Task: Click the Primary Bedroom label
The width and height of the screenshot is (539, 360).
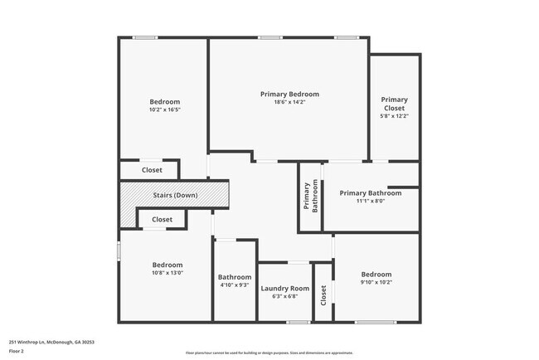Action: click(289, 95)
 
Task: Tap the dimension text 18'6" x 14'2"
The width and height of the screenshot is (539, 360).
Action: click(289, 103)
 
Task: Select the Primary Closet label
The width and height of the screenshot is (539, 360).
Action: click(395, 105)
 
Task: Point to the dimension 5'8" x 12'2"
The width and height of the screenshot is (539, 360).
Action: click(395, 116)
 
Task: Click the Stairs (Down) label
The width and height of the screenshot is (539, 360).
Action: click(175, 195)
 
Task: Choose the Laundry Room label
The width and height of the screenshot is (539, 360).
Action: click(284, 289)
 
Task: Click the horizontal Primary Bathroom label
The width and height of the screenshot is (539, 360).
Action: click(371, 193)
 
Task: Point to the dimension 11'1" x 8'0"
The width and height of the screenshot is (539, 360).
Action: click(371, 201)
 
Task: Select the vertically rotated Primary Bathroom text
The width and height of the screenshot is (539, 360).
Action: click(310, 197)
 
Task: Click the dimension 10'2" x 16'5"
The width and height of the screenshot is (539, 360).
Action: click(164, 109)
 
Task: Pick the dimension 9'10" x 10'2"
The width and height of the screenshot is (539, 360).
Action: click(376, 282)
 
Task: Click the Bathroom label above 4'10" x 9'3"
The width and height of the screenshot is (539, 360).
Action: click(235, 277)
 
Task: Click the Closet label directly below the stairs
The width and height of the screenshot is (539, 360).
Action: click(163, 220)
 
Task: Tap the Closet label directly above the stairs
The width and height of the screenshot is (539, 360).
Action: click(152, 170)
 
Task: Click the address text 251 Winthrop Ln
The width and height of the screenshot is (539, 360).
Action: click(51, 341)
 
